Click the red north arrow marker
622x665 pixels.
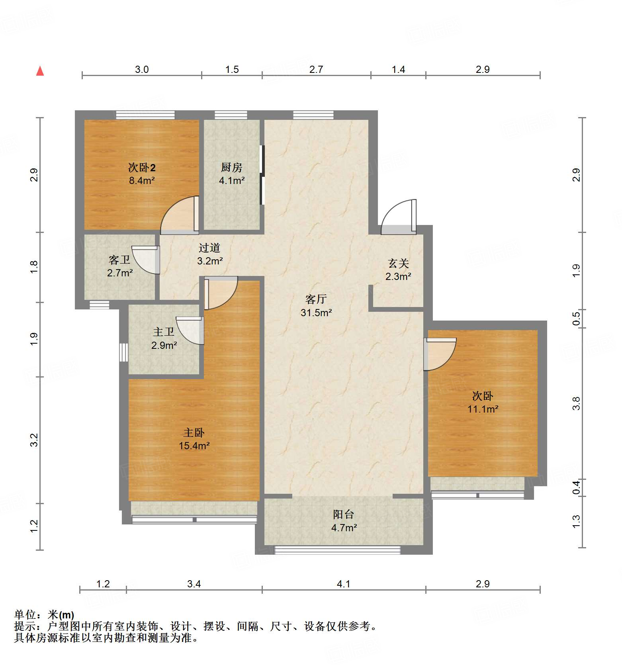(x=40, y=71)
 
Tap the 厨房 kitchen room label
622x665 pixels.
(x=231, y=167)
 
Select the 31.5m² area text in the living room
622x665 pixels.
(x=316, y=313)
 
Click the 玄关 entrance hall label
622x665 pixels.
(x=398, y=263)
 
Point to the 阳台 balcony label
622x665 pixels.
(x=343, y=514)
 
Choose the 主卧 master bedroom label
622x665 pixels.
(x=194, y=432)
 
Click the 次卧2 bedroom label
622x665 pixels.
(x=142, y=167)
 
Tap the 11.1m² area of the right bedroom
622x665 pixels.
(x=483, y=409)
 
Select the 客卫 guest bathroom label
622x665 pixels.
(x=119, y=260)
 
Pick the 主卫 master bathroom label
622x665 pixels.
(x=164, y=332)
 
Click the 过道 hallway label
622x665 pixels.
(x=209, y=248)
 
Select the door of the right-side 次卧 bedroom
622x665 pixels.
(x=440, y=354)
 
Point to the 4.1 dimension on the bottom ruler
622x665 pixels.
(x=343, y=584)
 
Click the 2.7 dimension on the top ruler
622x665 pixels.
(x=316, y=69)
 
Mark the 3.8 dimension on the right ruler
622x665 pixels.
(x=576, y=403)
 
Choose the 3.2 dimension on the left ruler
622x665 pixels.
(x=34, y=440)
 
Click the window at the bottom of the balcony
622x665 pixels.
(x=338, y=550)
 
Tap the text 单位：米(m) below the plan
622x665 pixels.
(x=44, y=615)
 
